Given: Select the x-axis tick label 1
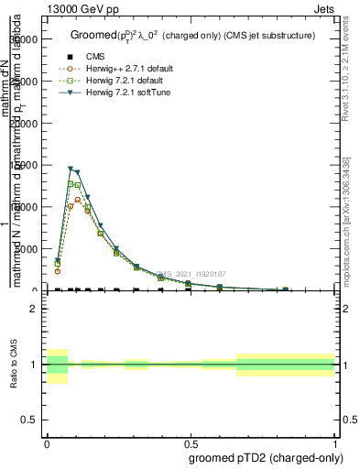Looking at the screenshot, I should (335, 441).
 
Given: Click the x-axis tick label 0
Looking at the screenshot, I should (47, 441).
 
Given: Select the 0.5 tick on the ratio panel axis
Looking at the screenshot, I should (30, 420).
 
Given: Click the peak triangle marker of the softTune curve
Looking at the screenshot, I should (71, 169).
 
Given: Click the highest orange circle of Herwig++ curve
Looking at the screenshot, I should (78, 200).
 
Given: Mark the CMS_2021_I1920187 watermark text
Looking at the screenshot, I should (191, 273).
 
